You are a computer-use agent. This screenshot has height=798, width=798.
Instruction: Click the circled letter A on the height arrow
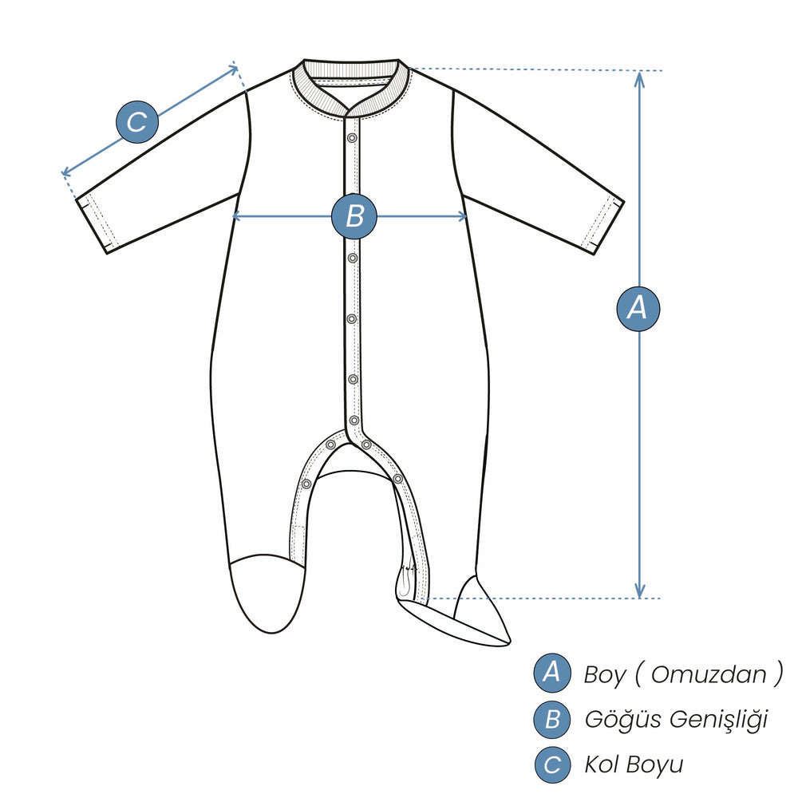(x=638, y=309)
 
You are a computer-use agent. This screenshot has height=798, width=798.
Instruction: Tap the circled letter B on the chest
(x=354, y=216)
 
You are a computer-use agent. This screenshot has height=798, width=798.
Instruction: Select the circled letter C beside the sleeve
(x=137, y=122)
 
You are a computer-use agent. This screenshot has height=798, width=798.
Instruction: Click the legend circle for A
(x=552, y=673)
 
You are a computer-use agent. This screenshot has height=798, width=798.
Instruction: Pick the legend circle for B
(x=552, y=719)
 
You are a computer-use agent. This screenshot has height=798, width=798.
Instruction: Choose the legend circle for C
(x=552, y=765)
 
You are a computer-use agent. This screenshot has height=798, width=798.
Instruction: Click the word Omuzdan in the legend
(x=709, y=675)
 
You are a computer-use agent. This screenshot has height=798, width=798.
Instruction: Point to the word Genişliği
(x=718, y=720)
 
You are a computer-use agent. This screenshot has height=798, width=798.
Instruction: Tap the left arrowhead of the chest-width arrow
(x=237, y=216)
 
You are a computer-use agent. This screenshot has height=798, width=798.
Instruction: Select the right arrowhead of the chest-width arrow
(x=461, y=216)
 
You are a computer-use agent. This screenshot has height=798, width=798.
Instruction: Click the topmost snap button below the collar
(x=352, y=138)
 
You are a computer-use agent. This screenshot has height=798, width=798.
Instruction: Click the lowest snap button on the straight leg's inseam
(x=306, y=484)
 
